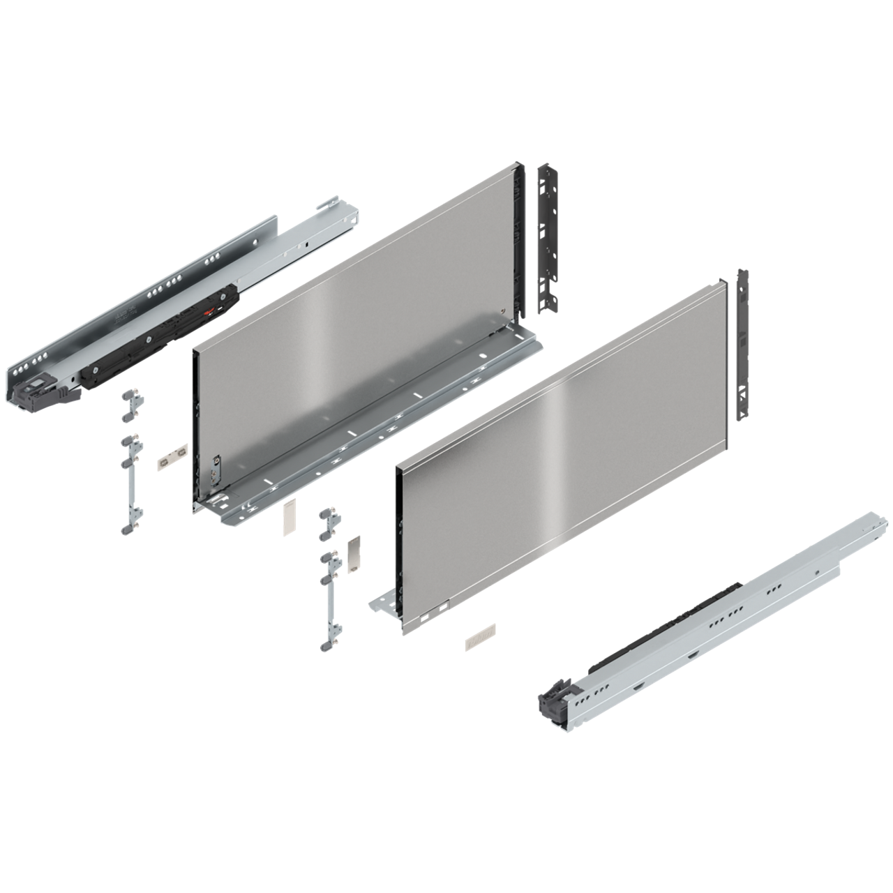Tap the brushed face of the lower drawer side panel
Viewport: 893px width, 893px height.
(558, 453)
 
